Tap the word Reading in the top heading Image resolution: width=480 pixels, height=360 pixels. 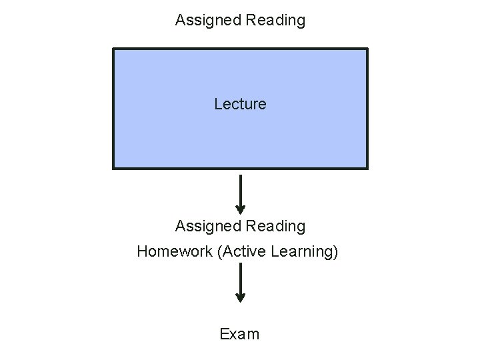(x=275, y=21)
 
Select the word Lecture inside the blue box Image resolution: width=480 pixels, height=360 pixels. (x=240, y=104)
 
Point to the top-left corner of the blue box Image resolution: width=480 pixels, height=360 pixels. (x=114, y=49)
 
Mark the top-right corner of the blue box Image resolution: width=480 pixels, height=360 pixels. (x=367, y=49)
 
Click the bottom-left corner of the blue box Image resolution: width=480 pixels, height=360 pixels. (x=114, y=167)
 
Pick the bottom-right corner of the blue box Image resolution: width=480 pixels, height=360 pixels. (x=367, y=167)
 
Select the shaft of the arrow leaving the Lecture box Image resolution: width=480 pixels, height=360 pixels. (x=241, y=190)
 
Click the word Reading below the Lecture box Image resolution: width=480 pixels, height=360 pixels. (x=275, y=227)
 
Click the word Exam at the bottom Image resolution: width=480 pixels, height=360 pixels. (x=240, y=334)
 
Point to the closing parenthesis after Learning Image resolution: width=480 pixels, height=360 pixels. (x=335, y=253)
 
